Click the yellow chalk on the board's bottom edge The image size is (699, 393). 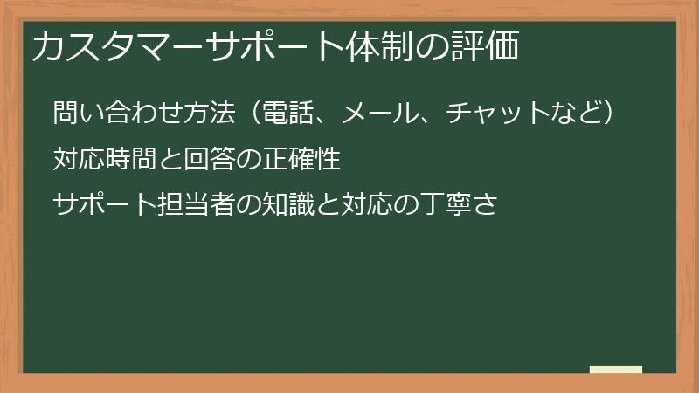pos(615,369)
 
